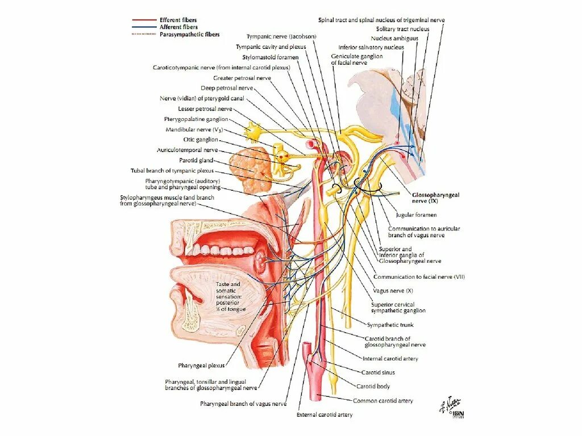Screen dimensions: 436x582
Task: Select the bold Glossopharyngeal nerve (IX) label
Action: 436,198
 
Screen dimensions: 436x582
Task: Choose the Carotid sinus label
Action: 378,372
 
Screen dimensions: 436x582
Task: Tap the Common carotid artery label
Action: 383,401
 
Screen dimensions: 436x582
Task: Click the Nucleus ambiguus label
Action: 398,38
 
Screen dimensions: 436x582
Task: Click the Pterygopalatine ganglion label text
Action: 196,119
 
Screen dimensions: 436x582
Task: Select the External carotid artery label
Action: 325,415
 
